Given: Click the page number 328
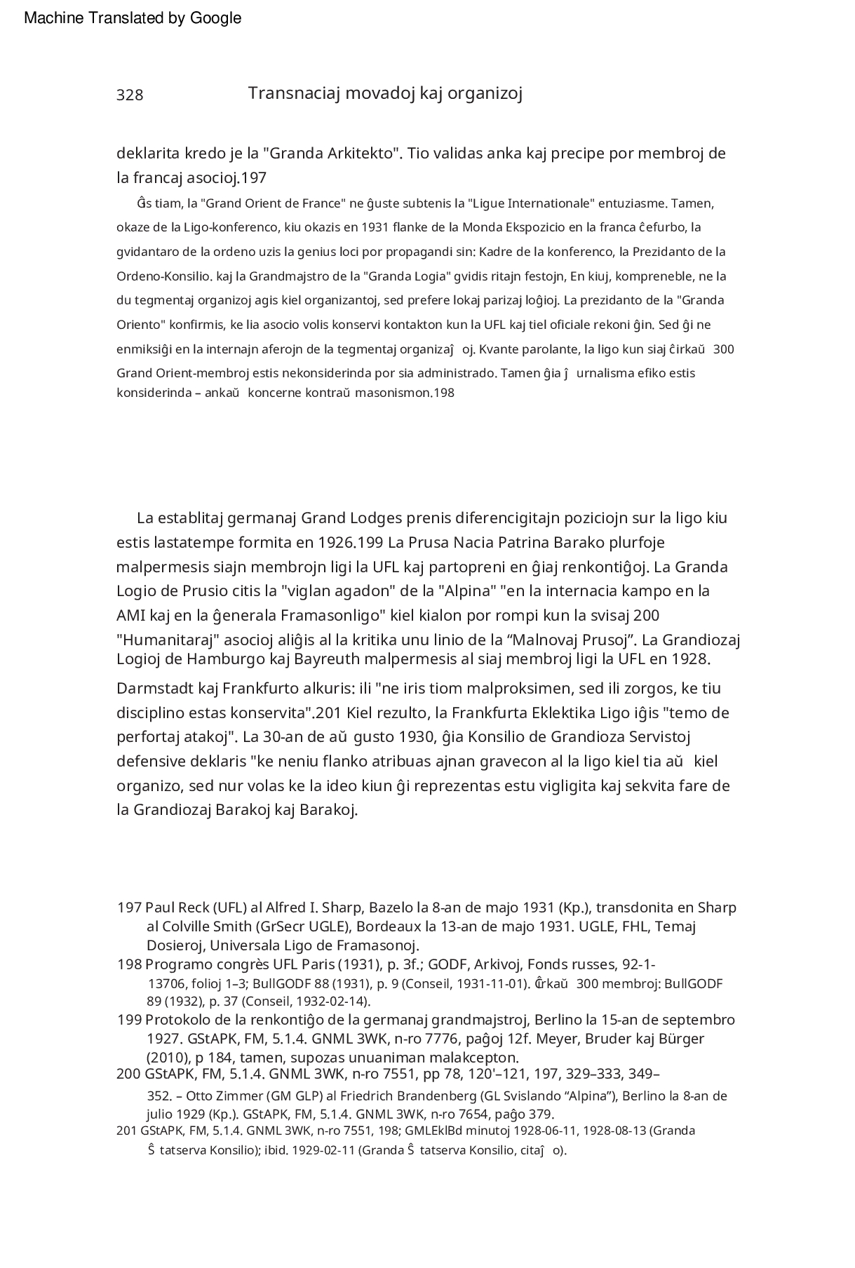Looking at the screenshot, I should (x=130, y=95).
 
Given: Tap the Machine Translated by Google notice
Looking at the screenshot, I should (x=133, y=19).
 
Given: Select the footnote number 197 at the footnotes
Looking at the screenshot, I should (x=129, y=908).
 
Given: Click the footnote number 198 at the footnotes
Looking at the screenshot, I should (x=129, y=964).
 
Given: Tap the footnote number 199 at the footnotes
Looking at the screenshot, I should (x=129, y=1020).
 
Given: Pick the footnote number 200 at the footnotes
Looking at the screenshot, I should (x=129, y=1074).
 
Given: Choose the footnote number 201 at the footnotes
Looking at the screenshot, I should (x=126, y=1130).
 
